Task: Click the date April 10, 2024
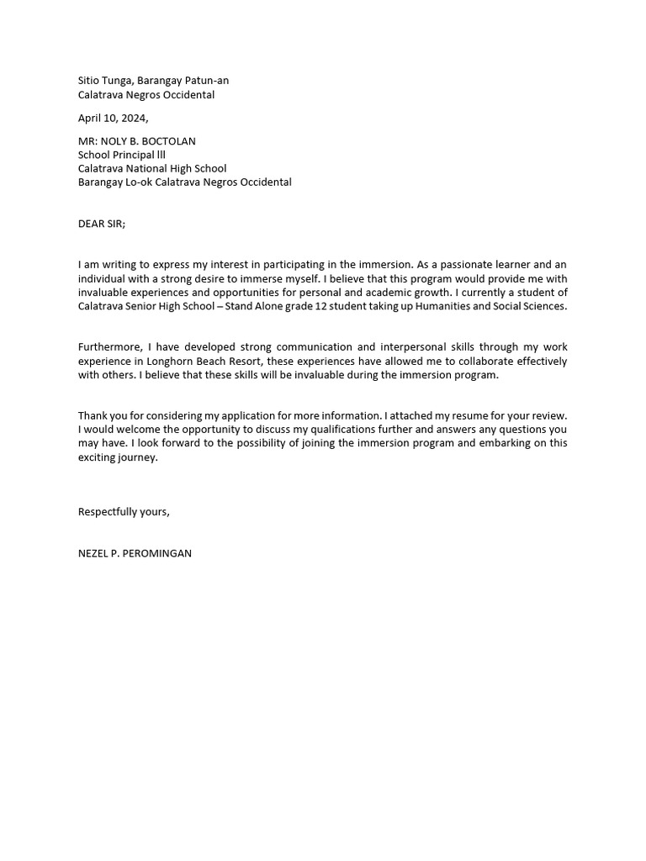pyautogui.click(x=113, y=119)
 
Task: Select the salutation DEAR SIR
pyautogui.click(x=101, y=224)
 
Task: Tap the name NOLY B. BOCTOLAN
pyautogui.click(x=151, y=141)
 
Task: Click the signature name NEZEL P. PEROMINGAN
pyautogui.click(x=135, y=553)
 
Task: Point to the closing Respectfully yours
pyautogui.click(x=124, y=512)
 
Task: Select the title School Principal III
pyautogui.click(x=116, y=155)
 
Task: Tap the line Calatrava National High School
pyautogui.click(x=152, y=168)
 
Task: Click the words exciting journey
pyautogui.click(x=118, y=458)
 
